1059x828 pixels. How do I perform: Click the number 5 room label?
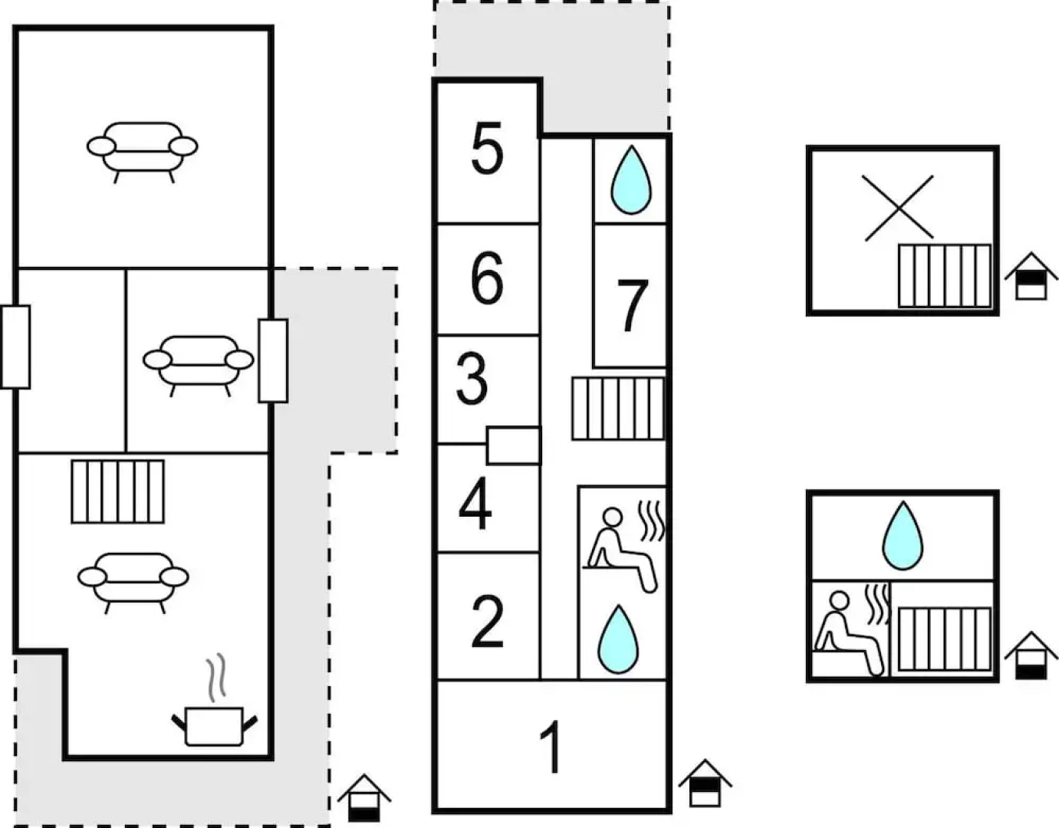[487, 149]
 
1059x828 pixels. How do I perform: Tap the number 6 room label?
[487, 278]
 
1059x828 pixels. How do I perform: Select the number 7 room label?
[632, 306]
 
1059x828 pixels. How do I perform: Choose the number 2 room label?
[488, 621]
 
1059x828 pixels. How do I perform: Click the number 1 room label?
[551, 747]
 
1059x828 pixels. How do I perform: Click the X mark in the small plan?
[898, 208]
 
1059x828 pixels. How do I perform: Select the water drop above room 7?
[630, 180]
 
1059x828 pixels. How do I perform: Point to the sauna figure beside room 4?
[623, 547]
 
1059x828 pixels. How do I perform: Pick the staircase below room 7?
[618, 408]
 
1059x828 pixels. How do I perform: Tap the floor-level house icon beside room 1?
[705, 783]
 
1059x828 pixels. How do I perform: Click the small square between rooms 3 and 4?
[513, 445]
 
